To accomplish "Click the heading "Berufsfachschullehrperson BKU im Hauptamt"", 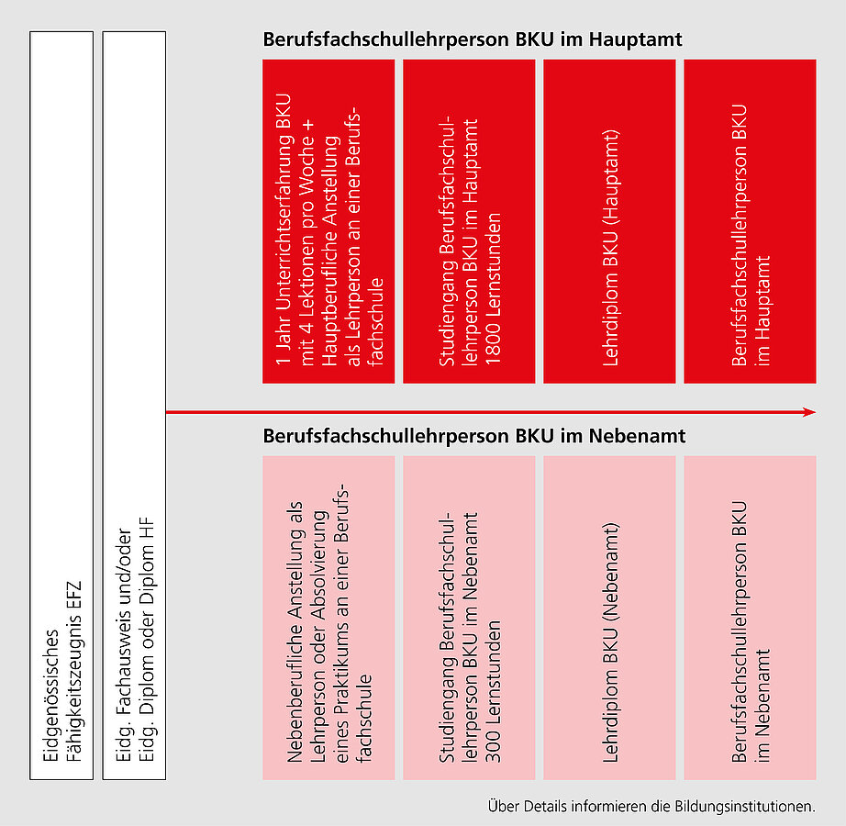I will (x=473, y=41).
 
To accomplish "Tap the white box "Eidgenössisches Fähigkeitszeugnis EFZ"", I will (x=62, y=405).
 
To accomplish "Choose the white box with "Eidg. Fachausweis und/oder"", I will (x=135, y=405).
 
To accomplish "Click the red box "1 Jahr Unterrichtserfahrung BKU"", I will (x=328, y=221).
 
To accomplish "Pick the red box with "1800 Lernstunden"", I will (x=469, y=221).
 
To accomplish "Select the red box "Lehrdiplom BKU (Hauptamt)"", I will (x=609, y=221).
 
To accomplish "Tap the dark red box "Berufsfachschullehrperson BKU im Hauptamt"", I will (x=750, y=221).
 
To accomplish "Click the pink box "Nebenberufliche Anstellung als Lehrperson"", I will (x=328, y=618).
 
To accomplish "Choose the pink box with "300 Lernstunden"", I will (x=469, y=618).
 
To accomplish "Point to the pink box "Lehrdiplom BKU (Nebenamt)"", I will (x=609, y=618).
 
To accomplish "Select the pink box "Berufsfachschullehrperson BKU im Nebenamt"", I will (x=750, y=618).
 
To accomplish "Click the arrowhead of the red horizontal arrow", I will (x=809, y=413).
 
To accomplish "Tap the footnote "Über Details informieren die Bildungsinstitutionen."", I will (x=651, y=807).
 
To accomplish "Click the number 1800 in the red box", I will (x=493, y=344).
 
